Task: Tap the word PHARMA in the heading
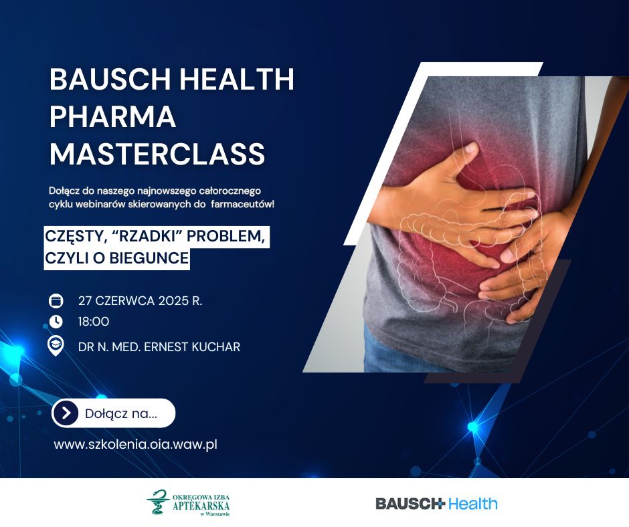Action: tap(112, 116)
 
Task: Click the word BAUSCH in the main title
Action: tap(110, 79)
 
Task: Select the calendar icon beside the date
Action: tap(56, 300)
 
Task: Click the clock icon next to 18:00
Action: tap(56, 321)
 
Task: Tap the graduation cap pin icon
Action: tap(56, 346)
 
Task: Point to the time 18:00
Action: tap(94, 322)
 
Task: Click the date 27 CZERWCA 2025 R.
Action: tap(140, 301)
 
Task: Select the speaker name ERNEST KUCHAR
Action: tap(192, 347)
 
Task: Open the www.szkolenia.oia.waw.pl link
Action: tap(136, 444)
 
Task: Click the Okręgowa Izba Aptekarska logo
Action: tap(188, 502)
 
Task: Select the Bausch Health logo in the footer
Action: tap(436, 504)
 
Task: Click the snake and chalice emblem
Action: tap(158, 502)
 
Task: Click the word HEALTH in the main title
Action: tap(237, 79)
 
